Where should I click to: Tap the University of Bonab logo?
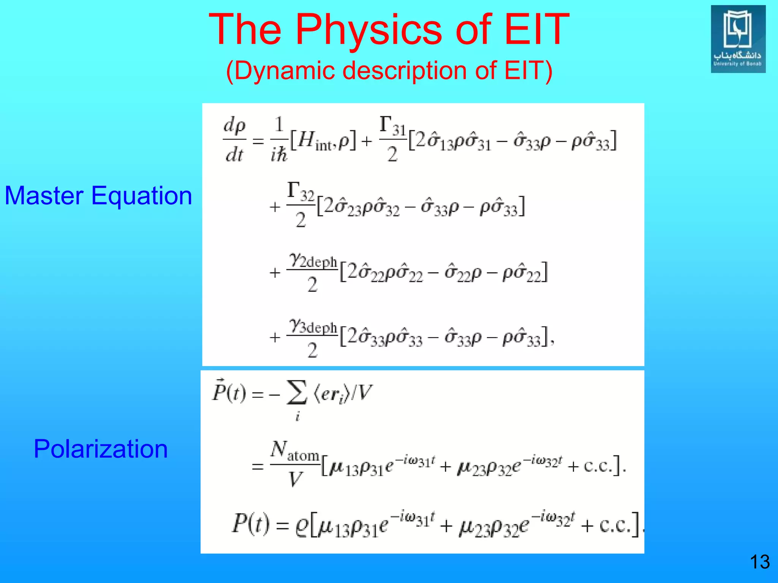[738, 39]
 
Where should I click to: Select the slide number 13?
[759, 562]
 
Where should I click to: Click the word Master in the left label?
[43, 196]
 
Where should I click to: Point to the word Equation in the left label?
[142, 196]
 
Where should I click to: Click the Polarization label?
[101, 449]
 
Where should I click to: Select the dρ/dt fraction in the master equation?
[234, 140]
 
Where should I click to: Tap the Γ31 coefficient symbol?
[392, 126]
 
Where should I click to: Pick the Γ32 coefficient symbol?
[300, 192]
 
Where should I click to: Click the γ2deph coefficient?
[312, 261]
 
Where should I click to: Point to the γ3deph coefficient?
[312, 326]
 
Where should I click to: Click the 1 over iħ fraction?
[279, 140]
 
